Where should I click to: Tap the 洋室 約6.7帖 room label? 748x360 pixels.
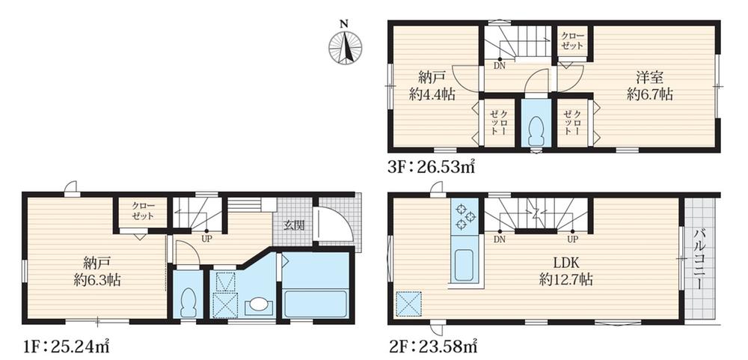(x=650, y=85)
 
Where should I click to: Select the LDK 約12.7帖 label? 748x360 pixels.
(x=565, y=270)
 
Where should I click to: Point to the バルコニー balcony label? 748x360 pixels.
(x=700, y=258)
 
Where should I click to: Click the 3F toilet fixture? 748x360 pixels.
(x=536, y=130)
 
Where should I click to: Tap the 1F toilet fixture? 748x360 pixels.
(x=189, y=302)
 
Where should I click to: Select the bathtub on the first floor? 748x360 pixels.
(x=316, y=302)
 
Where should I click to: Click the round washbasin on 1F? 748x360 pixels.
(x=259, y=304)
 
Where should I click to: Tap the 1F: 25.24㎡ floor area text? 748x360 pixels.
(x=67, y=345)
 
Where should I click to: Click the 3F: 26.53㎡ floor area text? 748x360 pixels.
(x=432, y=167)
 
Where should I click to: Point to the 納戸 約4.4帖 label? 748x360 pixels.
(x=432, y=85)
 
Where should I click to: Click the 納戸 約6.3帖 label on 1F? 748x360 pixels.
(x=96, y=271)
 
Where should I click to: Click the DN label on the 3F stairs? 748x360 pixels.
(x=500, y=66)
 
